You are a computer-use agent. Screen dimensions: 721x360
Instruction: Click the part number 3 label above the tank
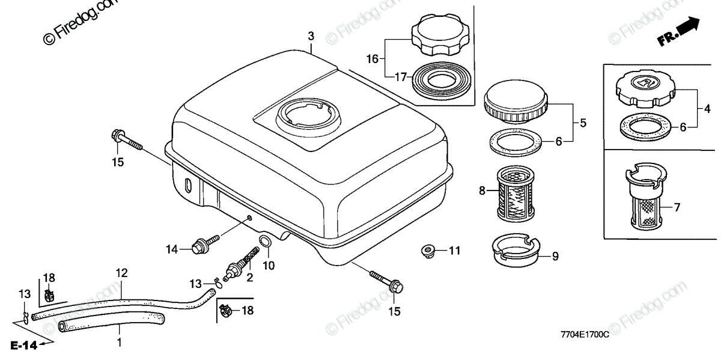(x=311, y=37)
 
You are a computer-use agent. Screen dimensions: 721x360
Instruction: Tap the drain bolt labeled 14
(x=201, y=246)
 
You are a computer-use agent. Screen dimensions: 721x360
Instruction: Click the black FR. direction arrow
(x=686, y=27)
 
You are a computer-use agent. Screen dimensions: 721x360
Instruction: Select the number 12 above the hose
(x=121, y=273)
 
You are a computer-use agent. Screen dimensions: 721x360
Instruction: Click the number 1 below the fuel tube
(x=119, y=342)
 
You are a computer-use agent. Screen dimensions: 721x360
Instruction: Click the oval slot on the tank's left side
(x=189, y=187)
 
